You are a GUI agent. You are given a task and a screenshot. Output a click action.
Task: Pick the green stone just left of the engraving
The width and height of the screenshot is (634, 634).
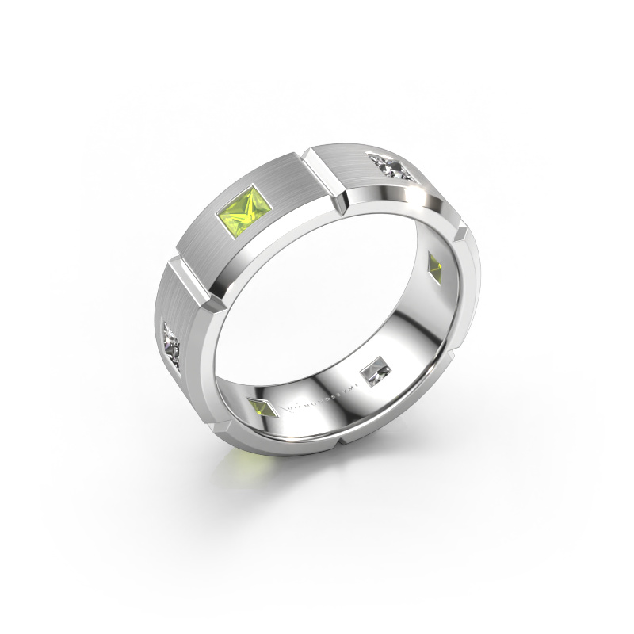[x=262, y=409]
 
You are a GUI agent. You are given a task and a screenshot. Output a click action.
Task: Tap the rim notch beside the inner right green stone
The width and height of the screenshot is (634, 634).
[x=461, y=239]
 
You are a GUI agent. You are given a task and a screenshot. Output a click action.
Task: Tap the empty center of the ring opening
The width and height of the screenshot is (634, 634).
[x=333, y=309]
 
